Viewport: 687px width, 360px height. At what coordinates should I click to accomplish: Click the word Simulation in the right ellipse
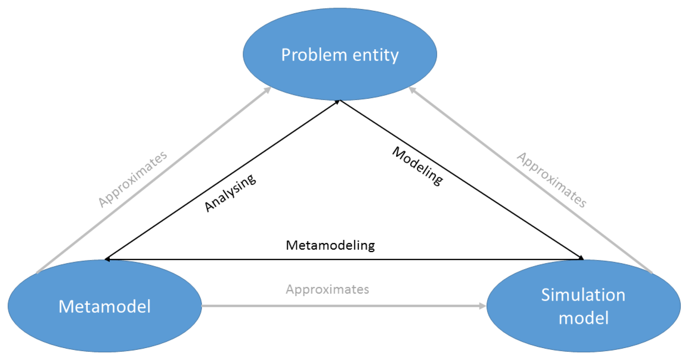pyautogui.click(x=583, y=295)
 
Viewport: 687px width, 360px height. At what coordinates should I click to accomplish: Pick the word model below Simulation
pyautogui.click(x=583, y=318)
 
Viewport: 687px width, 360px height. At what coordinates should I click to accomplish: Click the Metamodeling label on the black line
pyautogui.click(x=330, y=245)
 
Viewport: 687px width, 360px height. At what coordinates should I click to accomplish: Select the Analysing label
pyautogui.click(x=230, y=193)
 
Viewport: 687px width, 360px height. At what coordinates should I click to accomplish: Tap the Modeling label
pyautogui.click(x=418, y=166)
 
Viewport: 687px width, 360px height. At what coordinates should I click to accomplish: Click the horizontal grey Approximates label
pyautogui.click(x=327, y=289)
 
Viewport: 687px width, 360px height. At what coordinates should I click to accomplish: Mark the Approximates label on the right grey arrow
pyautogui.click(x=551, y=180)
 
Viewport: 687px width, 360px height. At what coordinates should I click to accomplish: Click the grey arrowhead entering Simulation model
pyautogui.click(x=482, y=306)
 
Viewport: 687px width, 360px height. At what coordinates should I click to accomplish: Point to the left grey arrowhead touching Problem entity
pyautogui.click(x=267, y=90)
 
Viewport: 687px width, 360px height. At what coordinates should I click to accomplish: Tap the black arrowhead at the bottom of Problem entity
pyautogui.click(x=338, y=102)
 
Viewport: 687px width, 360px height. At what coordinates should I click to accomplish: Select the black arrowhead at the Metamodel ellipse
pyautogui.click(x=108, y=259)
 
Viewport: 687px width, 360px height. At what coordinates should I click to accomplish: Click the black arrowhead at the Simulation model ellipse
pyautogui.click(x=581, y=258)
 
